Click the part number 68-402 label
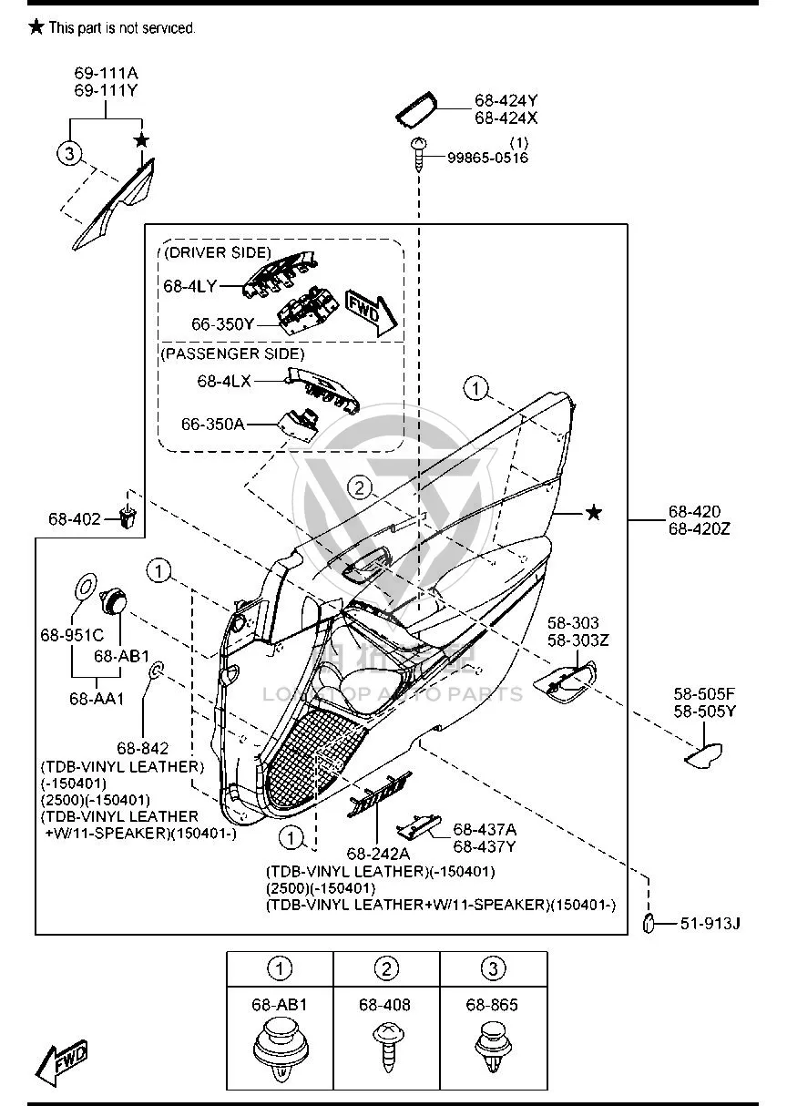click(x=74, y=519)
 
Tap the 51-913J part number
click(x=710, y=923)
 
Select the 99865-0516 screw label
click(x=488, y=158)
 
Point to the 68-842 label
click(x=143, y=748)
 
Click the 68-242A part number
click(x=378, y=854)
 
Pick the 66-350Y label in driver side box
click(x=222, y=324)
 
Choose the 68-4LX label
click(x=224, y=381)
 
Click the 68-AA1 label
click(x=97, y=699)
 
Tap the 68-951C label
click(x=72, y=635)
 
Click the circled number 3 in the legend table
click(x=493, y=968)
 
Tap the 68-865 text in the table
click(x=492, y=1005)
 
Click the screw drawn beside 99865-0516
click(x=419, y=154)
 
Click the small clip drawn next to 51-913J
click(x=649, y=923)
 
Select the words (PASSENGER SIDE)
click(x=232, y=353)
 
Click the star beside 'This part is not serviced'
click(x=36, y=27)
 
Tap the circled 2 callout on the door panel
click(x=359, y=487)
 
